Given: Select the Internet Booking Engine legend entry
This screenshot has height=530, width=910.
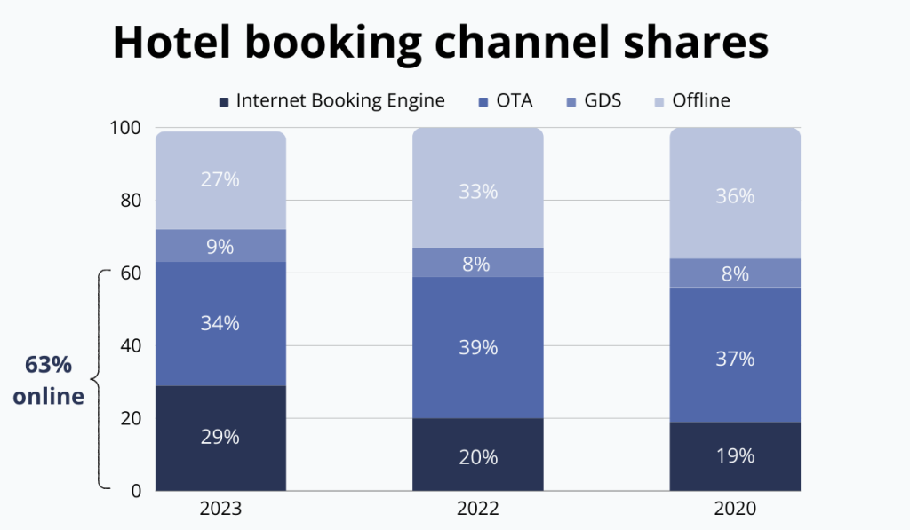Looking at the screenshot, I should pos(331,100).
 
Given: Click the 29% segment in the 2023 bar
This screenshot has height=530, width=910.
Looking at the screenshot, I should pos(220,438).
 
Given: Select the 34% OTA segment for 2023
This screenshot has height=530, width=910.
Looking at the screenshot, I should pos(220,323).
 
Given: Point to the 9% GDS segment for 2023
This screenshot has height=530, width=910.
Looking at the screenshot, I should pos(220,246).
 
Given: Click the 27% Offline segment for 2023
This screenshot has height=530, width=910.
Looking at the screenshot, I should pos(220,180).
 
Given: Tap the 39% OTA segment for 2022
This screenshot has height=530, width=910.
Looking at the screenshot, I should pos(478,347).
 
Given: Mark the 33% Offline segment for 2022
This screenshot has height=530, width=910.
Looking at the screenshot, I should pos(478,191).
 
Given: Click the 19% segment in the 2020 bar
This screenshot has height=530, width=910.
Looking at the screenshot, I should pos(735,456).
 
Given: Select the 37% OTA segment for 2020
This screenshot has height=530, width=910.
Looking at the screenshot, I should pos(735,358).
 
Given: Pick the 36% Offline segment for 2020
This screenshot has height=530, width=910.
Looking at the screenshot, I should pos(735,195).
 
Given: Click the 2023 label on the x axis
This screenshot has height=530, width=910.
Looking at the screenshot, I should pos(220,510).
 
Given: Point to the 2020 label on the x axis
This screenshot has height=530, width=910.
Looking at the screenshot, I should pos(735,510).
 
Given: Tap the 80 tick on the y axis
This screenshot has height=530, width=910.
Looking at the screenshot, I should pos(130,201).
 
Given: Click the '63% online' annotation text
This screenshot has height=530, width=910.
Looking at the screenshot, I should pos(49,381).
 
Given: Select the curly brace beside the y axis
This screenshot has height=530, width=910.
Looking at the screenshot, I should pos(100,379).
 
